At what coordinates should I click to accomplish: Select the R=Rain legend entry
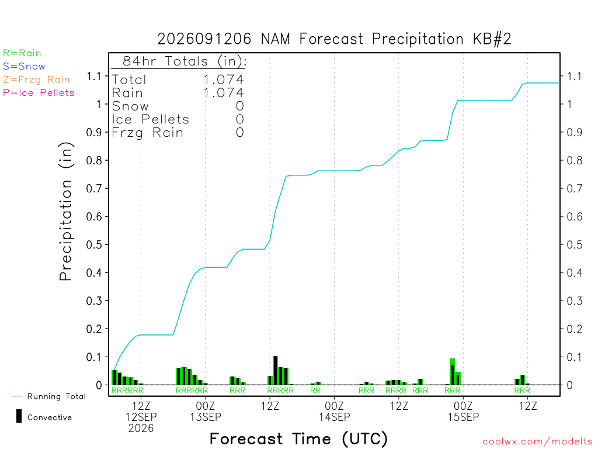[x=22, y=53]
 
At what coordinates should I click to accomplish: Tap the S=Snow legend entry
[x=24, y=67]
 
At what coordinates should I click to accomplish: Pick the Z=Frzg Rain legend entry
[x=37, y=80]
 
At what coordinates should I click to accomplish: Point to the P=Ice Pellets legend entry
[x=39, y=93]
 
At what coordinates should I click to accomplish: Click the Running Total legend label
[x=57, y=396]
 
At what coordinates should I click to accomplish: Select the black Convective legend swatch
[x=19, y=416]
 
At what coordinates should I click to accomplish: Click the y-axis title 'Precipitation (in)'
[x=66, y=212]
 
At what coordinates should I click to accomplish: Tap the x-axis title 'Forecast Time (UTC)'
[x=298, y=439]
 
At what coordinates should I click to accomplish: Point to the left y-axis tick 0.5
[x=94, y=245]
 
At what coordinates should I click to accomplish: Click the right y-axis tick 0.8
[x=575, y=160]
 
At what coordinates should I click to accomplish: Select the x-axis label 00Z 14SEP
[x=335, y=411]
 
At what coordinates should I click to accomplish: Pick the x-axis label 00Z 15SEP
[x=463, y=411]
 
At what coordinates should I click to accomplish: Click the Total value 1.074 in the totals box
[x=224, y=80]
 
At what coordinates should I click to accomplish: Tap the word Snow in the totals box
[x=130, y=106]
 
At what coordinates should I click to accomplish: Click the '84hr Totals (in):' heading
[x=185, y=61]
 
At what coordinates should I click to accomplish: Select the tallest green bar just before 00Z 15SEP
[x=453, y=371]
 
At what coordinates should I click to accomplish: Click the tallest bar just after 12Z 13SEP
[x=276, y=370]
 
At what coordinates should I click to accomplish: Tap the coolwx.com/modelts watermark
[x=537, y=442]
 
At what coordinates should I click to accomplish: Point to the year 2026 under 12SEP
[x=141, y=429]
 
